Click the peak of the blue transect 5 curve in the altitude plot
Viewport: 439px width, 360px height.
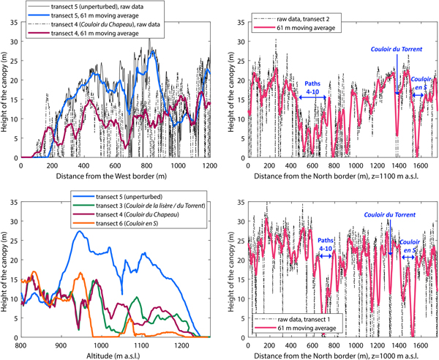pyautogui.click(x=79, y=231)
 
